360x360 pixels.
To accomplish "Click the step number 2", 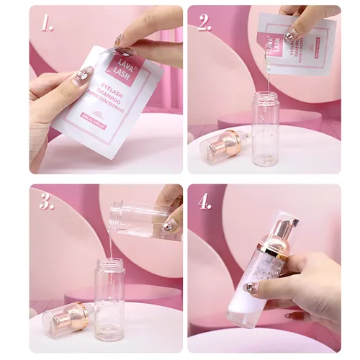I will [204, 22].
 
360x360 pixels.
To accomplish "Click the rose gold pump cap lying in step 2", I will [216, 144].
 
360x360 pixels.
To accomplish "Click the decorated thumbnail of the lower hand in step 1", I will [85, 73].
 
